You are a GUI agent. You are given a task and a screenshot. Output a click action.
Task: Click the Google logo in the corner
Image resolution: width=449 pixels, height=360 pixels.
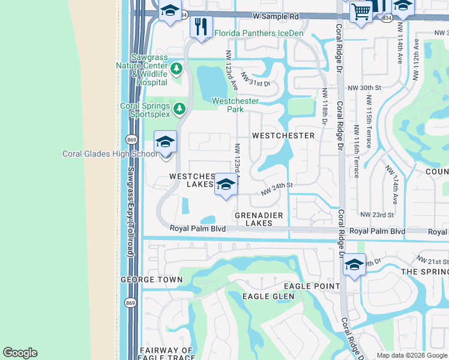pyautogui.click(x=20, y=353)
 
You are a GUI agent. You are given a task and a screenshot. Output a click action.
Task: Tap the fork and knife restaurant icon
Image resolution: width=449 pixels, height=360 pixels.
pyautogui.click(x=201, y=26)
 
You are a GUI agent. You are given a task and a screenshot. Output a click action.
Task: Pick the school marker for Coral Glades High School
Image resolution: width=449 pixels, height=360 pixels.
pyautogui.click(x=165, y=143)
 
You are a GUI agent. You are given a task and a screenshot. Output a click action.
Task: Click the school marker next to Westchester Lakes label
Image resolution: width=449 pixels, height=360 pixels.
pyautogui.click(x=226, y=185)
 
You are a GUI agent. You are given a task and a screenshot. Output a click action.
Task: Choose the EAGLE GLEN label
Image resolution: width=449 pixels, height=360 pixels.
pyautogui.click(x=268, y=296)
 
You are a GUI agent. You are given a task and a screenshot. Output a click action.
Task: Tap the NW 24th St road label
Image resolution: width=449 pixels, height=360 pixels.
pyautogui.click(x=276, y=188)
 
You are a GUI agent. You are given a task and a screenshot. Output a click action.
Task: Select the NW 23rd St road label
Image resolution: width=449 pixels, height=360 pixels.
pyautogui.click(x=377, y=214)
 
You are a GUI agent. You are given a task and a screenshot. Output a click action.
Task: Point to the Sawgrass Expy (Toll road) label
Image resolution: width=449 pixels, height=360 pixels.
pyautogui.click(x=130, y=212)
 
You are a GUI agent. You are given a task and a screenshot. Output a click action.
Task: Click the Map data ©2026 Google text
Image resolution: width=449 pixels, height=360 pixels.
pyautogui.click(x=411, y=355)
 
